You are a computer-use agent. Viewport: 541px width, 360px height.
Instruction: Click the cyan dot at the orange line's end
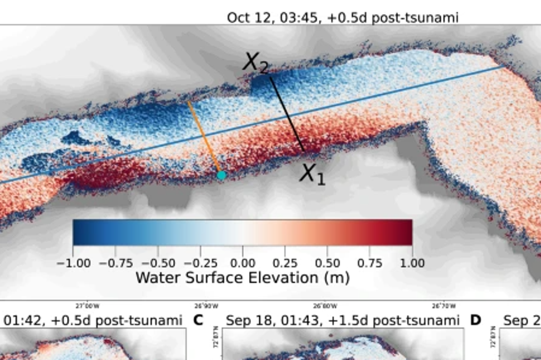pyautogui.click(x=221, y=175)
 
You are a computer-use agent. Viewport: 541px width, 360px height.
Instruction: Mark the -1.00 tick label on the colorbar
pyautogui.click(x=73, y=263)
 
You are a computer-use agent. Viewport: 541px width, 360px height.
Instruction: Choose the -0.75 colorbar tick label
pyautogui.click(x=116, y=263)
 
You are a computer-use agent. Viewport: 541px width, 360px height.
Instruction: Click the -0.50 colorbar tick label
pyautogui.click(x=158, y=263)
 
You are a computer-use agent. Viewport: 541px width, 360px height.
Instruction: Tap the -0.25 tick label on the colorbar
pyautogui.click(x=201, y=263)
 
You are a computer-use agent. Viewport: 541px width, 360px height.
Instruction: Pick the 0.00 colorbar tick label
pyautogui.click(x=242, y=263)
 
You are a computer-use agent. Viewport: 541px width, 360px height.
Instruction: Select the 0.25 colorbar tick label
pyautogui.click(x=285, y=263)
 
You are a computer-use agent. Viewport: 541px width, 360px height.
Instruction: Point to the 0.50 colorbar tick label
pyautogui.click(x=327, y=263)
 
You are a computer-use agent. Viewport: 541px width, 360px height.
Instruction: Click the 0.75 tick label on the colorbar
pyautogui.click(x=370, y=263)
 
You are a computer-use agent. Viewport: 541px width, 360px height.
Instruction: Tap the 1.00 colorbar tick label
pyautogui.click(x=412, y=263)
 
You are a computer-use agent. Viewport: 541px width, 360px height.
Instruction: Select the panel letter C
pyautogui.click(x=198, y=320)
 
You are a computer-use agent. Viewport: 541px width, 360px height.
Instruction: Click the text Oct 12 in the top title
pyautogui.click(x=248, y=18)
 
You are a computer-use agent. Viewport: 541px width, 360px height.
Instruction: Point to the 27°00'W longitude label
pyautogui.click(x=87, y=306)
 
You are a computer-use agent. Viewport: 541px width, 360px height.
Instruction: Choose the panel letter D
pyautogui.click(x=475, y=320)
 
